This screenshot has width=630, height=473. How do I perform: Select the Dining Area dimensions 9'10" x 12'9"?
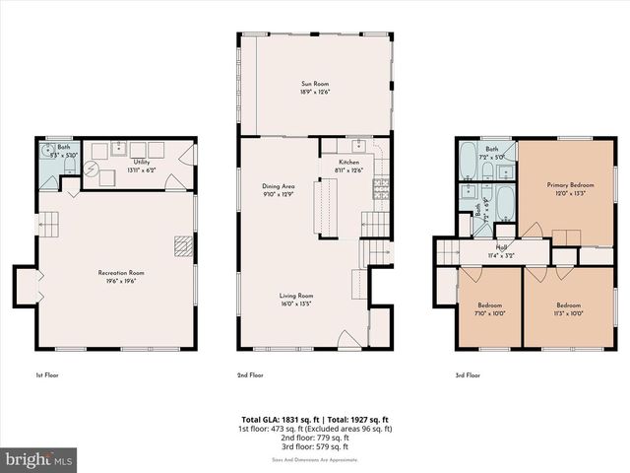[279, 193]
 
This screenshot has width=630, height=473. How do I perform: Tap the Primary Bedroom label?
[571, 184]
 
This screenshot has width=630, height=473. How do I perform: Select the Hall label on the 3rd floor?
[501, 247]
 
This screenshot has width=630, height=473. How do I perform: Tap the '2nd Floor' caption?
[250, 375]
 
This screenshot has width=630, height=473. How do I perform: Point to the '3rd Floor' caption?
[467, 375]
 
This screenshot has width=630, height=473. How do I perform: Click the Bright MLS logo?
[39, 459]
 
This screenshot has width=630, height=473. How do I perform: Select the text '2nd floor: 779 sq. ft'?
[314, 439]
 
